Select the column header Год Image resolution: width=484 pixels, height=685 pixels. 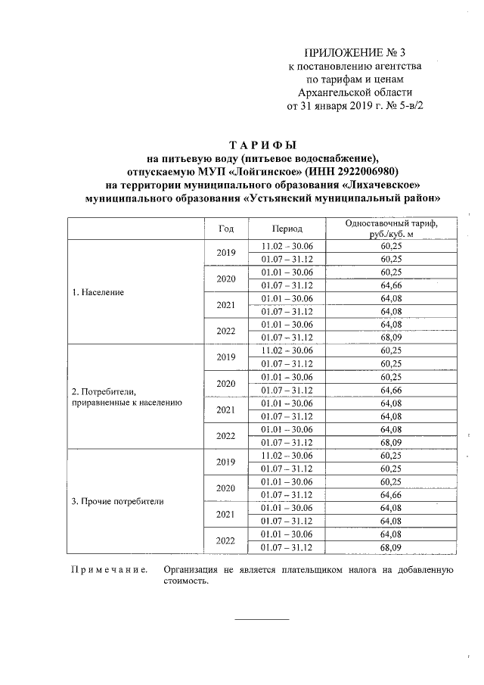pyautogui.click(x=226, y=229)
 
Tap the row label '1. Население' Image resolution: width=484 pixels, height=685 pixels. pyautogui.click(x=98, y=292)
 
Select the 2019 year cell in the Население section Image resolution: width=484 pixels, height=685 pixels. pyautogui.click(x=226, y=253)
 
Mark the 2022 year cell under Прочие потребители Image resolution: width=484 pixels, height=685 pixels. pyautogui.click(x=226, y=540)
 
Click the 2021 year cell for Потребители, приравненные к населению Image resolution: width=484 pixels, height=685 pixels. pyautogui.click(x=226, y=409)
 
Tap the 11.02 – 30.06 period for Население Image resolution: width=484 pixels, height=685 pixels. pyautogui.click(x=287, y=246)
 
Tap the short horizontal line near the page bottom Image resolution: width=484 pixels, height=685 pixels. pyautogui.click(x=262, y=620)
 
